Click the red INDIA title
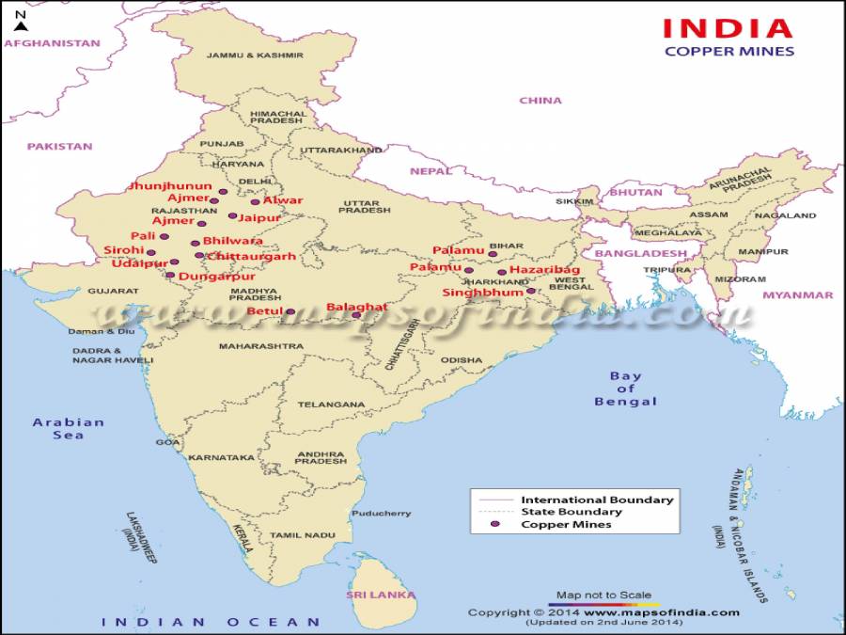728,27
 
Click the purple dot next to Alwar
255,201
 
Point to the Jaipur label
260,217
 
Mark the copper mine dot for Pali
163,237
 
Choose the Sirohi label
124,250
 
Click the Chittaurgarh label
251,256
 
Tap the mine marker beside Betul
290,311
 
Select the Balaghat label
356,307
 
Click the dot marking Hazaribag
502,272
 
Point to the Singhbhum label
482,293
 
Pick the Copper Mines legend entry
566,524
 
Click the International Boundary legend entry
597,500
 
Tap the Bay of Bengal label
625,389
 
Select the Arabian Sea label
69,428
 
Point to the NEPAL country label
431,171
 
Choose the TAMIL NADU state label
303,534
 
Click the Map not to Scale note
603,595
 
